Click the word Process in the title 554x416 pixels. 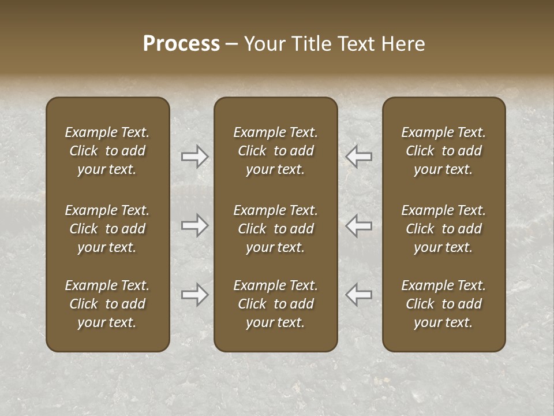point(181,44)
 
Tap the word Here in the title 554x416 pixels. point(403,44)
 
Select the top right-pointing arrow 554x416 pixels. point(195,156)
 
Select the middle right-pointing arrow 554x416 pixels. point(195,225)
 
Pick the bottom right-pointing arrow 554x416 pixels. point(195,295)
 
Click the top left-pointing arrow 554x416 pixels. point(358,156)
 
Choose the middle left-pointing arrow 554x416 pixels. point(358,225)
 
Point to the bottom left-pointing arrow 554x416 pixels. point(358,295)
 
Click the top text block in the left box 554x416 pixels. point(107,151)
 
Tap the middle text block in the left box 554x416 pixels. point(107,229)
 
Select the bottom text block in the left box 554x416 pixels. point(107,304)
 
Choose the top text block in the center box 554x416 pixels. point(275,151)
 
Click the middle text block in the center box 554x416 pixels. point(275,229)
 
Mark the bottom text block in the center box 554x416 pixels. point(275,304)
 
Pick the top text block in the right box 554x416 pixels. point(443,151)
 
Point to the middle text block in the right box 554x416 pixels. point(443,229)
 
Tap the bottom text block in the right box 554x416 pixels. point(443,304)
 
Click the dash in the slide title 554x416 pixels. point(231,44)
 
